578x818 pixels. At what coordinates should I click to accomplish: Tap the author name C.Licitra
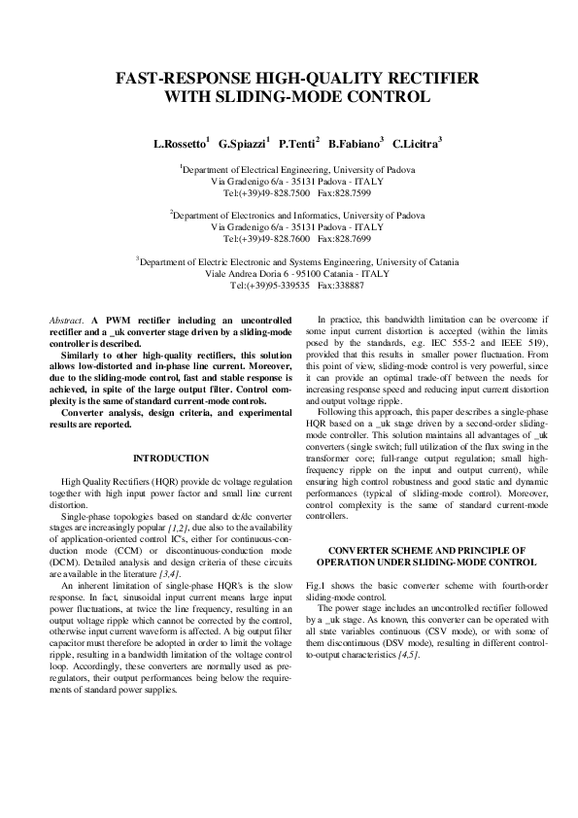point(416,144)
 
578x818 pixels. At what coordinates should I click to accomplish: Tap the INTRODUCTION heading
point(171,458)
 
